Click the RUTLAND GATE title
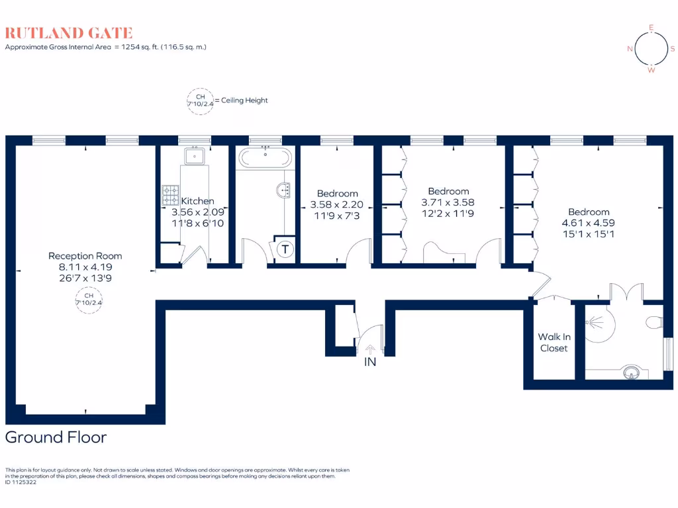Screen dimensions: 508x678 (69, 33)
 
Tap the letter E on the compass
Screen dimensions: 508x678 (652, 28)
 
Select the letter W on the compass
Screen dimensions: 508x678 (652, 70)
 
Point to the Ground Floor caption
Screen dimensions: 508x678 (56, 437)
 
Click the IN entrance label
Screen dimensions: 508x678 (369, 362)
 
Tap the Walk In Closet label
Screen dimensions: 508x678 (554, 343)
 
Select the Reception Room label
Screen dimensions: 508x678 (85, 256)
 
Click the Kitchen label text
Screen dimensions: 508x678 (198, 201)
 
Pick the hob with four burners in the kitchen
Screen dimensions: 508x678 (170, 195)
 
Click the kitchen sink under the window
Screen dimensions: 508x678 (195, 156)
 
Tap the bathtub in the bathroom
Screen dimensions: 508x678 (265, 157)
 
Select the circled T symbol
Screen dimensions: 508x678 (285, 249)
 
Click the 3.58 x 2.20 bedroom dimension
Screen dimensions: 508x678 (337, 204)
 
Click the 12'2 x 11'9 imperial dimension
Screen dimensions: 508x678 (448, 213)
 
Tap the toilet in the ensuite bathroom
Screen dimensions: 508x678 (655, 322)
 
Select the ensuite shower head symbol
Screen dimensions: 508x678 (591, 323)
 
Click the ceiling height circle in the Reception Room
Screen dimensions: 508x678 (84, 300)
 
